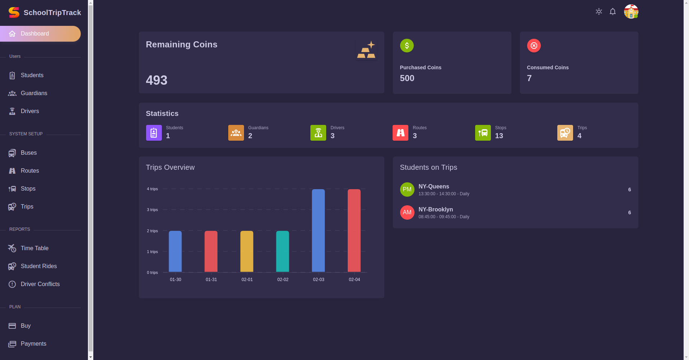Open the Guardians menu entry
34,93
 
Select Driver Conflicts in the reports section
40,284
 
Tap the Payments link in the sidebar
33,344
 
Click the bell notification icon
613,11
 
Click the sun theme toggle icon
599,11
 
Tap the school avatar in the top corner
631,11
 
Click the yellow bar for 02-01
247,251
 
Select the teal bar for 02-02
282,251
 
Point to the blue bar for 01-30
175,251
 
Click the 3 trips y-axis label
152,210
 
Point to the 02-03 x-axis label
318,280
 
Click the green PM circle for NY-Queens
407,190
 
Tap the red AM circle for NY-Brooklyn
407,212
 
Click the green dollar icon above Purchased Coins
407,46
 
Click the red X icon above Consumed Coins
534,46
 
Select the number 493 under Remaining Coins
156,80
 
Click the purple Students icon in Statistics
154,133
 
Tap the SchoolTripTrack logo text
52,13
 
